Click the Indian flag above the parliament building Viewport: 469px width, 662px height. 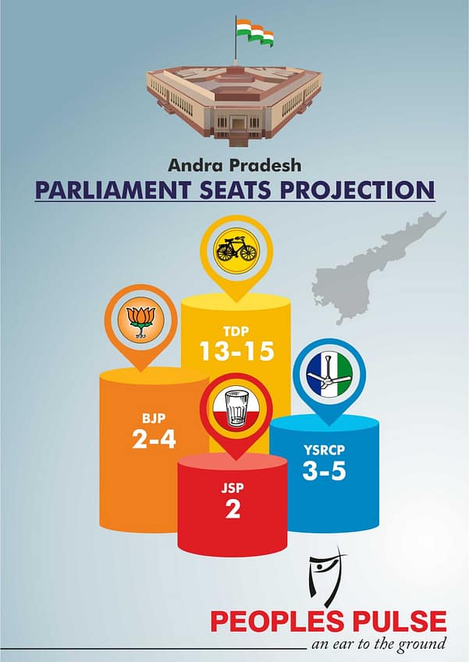pyautogui.click(x=254, y=32)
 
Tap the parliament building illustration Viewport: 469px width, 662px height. pyautogui.click(x=234, y=103)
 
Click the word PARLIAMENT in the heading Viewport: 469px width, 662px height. pyautogui.click(x=113, y=189)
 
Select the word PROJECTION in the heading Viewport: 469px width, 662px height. pyautogui.click(x=357, y=189)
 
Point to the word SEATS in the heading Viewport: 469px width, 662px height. pyautogui.click(x=235, y=189)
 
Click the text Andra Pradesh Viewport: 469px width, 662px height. pyautogui.click(x=234, y=165)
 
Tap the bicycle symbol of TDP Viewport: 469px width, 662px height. pyautogui.click(x=236, y=249)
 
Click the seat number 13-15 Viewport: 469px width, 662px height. pyautogui.click(x=236, y=351)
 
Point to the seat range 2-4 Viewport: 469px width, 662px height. pyautogui.click(x=154, y=440)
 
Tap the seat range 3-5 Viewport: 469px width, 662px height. pyautogui.click(x=324, y=471)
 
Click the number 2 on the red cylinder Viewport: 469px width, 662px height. pyautogui.click(x=233, y=509)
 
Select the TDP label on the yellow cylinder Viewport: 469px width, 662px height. pyautogui.click(x=236, y=331)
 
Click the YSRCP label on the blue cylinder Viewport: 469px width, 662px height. pyautogui.click(x=324, y=451)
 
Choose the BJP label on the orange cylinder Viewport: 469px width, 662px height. pyautogui.click(x=154, y=419)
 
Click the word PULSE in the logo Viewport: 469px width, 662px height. pyautogui.click(x=400, y=622)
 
